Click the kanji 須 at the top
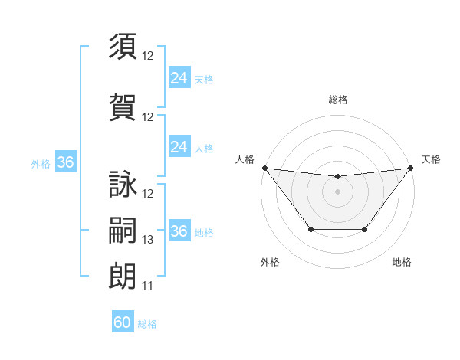coord(123,47)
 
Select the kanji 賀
coord(123,106)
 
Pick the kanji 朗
coord(123,275)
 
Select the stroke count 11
coord(148,286)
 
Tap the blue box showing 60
coord(123,322)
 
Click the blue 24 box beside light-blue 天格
coord(179,78)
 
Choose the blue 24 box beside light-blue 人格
coord(179,147)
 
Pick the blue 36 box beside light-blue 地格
coord(179,231)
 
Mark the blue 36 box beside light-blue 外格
coord(66,162)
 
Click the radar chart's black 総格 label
coord(337,100)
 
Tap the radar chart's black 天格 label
coord(431,159)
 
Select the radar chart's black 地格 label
coord(402,263)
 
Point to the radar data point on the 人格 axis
coord(265,168)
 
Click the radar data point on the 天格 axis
coord(410,168)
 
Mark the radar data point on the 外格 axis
coord(310,229)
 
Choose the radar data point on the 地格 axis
coord(365,229)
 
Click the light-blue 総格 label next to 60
coord(147,324)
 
